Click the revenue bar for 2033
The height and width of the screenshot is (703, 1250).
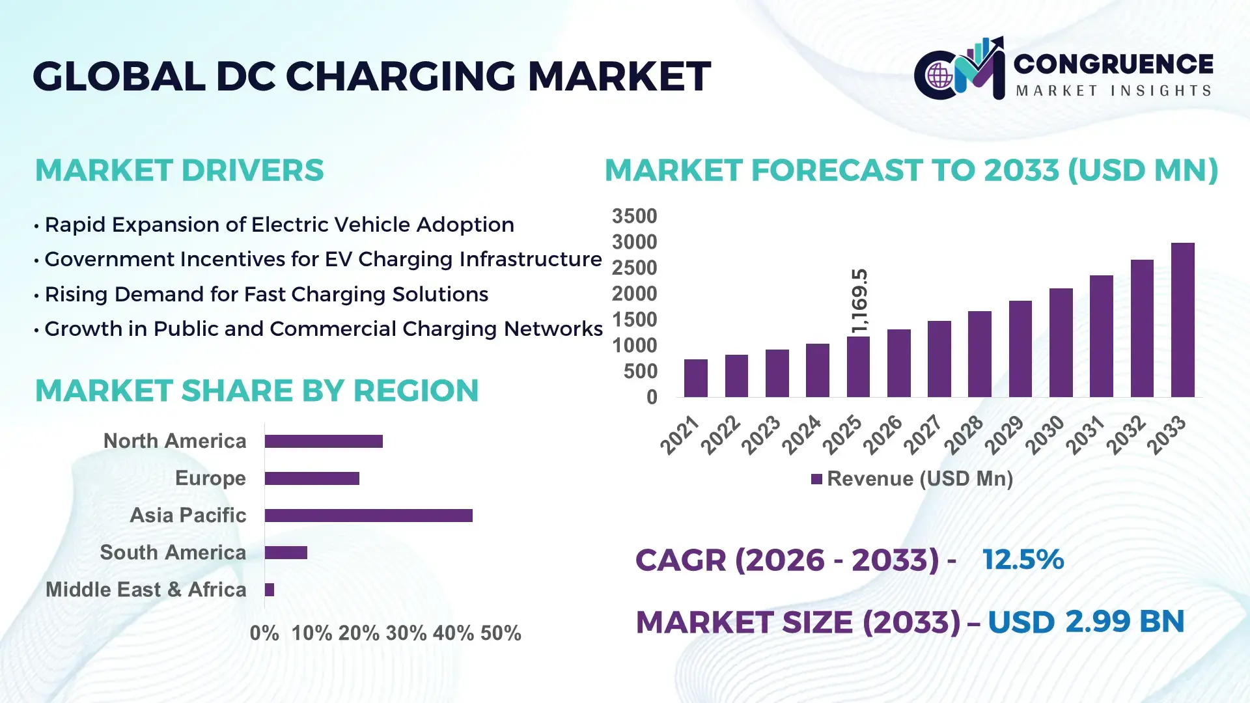(1182, 320)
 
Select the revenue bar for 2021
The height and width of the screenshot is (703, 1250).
(695, 378)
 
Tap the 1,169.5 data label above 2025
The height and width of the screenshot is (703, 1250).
(860, 300)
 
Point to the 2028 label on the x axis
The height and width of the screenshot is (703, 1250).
(964, 434)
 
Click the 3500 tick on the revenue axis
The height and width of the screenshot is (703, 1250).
(634, 216)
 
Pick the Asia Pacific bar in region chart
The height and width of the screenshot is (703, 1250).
(368, 516)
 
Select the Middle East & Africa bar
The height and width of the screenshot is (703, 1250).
(270, 590)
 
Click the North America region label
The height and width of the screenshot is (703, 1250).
(174, 441)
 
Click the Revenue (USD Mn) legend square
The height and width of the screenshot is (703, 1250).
(816, 479)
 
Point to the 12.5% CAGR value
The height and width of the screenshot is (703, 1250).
(1023, 560)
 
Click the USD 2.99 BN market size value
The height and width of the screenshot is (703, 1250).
(1086, 622)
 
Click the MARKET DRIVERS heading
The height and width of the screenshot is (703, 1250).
(179, 171)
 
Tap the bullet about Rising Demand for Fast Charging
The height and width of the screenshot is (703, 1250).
(266, 294)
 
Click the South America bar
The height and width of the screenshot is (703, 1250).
(286, 553)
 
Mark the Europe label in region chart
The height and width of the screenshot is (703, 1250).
(210, 478)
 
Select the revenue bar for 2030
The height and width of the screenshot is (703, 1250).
(1061, 342)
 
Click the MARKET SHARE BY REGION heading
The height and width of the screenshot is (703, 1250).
(257, 391)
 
